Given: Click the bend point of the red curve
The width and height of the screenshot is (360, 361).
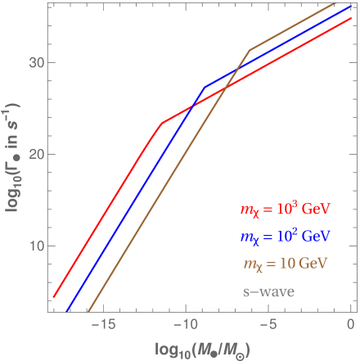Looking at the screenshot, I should [x=161, y=124].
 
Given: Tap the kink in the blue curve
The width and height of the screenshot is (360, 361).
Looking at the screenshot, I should [x=204, y=87].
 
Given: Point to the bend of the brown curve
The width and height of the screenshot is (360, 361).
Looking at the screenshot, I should [x=250, y=50].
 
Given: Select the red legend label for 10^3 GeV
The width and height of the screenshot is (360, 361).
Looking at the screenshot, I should [x=285, y=210].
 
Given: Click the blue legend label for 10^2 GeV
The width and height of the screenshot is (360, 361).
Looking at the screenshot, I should [x=285, y=237].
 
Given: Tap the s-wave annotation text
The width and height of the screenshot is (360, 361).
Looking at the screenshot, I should [x=268, y=291].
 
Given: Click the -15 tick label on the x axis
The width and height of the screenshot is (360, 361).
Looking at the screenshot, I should [x=102, y=325].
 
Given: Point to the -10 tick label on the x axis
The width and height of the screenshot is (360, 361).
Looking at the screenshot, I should [x=186, y=325].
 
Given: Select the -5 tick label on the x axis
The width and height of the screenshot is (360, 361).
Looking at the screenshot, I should [x=269, y=325].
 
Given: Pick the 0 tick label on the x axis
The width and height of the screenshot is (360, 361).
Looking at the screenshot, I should [x=351, y=325].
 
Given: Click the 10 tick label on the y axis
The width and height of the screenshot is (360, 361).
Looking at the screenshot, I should [x=34, y=246].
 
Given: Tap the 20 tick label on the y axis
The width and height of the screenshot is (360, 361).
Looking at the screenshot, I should [x=34, y=154].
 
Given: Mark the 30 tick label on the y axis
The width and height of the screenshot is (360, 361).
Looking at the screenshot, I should [x=34, y=62].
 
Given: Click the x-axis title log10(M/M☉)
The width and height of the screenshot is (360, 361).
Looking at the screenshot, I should [x=200, y=348].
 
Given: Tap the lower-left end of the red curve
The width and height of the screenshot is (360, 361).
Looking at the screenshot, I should [x=53, y=297].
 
